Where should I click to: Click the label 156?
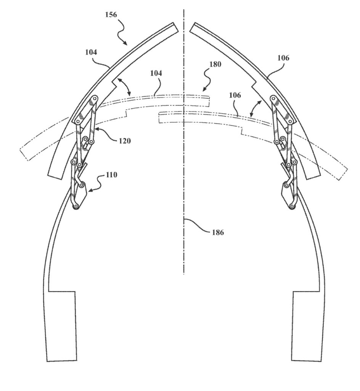[111, 15]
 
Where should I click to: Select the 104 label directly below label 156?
[91, 52]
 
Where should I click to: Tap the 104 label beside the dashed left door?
[156, 73]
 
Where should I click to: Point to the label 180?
[215, 64]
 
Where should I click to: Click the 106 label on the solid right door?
[283, 58]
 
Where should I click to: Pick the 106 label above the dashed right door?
[235, 95]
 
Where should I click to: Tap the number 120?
[125, 141]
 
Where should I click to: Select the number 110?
[111, 175]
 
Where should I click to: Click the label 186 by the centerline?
[218, 233]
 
